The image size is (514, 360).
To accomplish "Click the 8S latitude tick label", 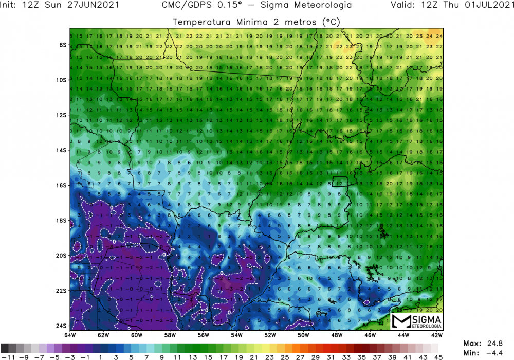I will [x=63, y=45].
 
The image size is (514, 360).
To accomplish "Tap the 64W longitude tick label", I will [x=70, y=335].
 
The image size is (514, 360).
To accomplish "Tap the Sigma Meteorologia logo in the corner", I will [x=417, y=321].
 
